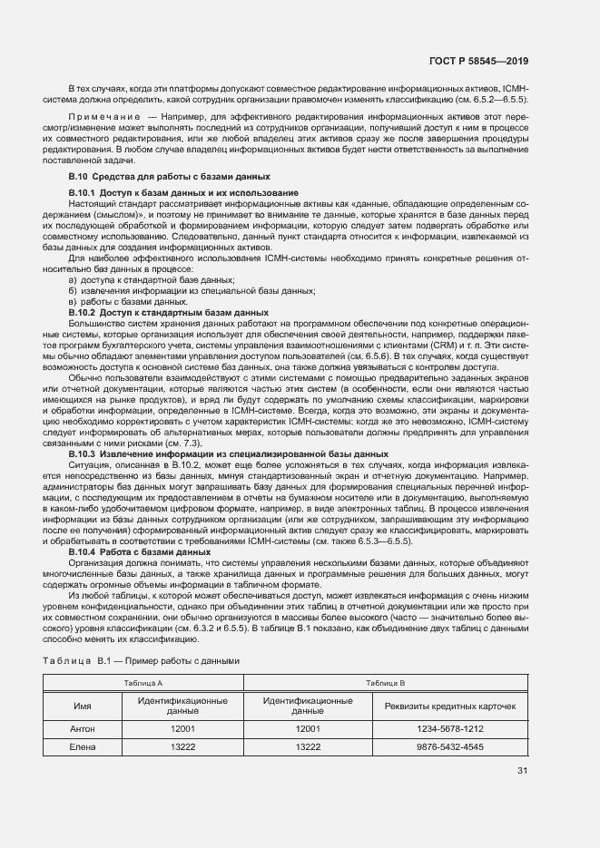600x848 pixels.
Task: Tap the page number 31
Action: (522, 771)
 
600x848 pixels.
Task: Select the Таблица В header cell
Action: (385, 682)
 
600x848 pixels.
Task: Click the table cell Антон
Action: (82, 728)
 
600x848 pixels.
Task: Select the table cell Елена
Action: (82, 746)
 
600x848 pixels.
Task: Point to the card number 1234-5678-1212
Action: (450, 728)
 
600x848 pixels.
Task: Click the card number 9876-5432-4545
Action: (450, 746)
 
